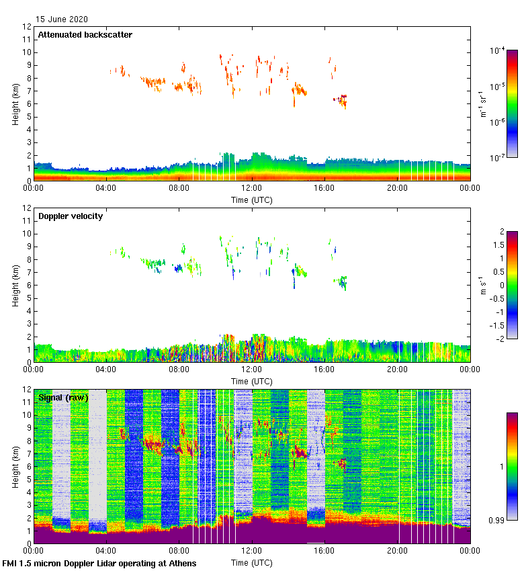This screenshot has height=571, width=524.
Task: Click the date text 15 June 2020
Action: tap(62, 19)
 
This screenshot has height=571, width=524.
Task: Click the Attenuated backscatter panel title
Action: tap(85, 35)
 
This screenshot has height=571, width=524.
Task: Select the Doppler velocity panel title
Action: tap(71, 216)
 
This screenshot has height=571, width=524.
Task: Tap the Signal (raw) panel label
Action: tap(63, 398)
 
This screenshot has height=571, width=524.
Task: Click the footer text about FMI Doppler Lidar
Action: tap(99, 564)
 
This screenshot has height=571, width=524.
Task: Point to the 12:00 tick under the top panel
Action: tap(252, 188)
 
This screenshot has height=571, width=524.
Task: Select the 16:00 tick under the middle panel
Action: tap(324, 369)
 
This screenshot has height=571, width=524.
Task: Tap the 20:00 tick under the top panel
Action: tap(398, 188)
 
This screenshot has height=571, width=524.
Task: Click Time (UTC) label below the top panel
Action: tap(252, 200)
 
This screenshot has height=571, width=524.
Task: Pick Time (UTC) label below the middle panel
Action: tap(252, 381)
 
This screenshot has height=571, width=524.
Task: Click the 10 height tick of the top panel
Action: tap(27, 52)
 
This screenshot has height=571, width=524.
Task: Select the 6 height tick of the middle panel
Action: tap(29, 285)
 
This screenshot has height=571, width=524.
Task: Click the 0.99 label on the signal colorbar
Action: tap(497, 520)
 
